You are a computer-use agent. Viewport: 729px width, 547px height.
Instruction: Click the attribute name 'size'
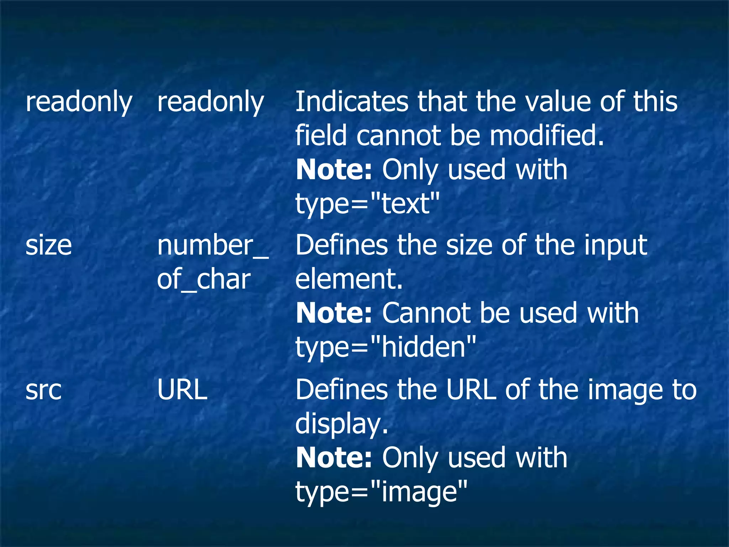click(49, 245)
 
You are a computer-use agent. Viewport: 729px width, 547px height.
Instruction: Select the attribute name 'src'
click(43, 390)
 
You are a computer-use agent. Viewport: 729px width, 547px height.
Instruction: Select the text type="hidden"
click(386, 347)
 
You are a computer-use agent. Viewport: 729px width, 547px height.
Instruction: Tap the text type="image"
click(381, 491)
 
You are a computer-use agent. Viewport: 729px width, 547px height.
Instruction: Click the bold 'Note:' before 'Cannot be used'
click(334, 313)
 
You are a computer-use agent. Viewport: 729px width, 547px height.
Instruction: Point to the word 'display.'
click(342, 424)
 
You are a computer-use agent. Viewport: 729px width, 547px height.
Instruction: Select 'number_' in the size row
click(213, 245)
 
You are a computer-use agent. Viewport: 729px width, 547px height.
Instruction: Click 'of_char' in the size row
click(204, 280)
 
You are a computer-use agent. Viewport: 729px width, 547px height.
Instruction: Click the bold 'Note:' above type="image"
click(334, 458)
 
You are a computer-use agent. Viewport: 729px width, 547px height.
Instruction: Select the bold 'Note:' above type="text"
click(334, 170)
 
